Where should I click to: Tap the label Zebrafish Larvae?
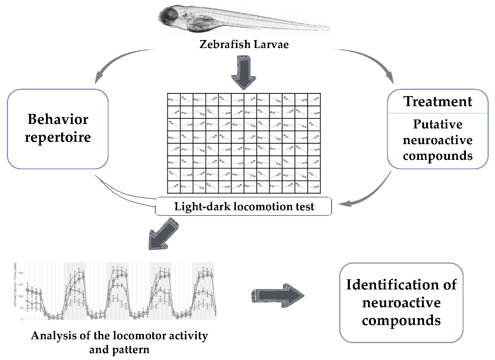[244, 44]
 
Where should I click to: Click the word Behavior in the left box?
[58, 119]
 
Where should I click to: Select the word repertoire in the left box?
[58, 137]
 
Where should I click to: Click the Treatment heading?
[438, 101]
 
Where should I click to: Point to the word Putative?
[438, 124]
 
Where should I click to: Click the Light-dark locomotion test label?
[244, 206]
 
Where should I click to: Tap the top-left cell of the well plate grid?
[174, 100]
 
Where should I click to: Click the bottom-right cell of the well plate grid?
[314, 187]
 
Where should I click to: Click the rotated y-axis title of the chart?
[15, 285]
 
